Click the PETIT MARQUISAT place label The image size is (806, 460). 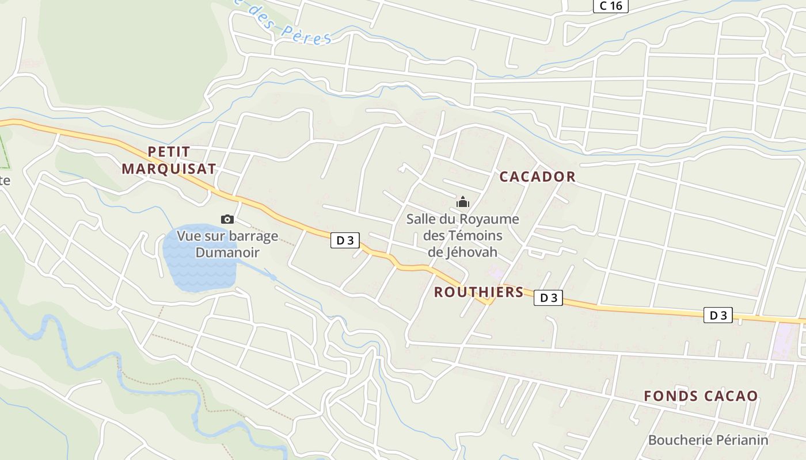click(x=169, y=160)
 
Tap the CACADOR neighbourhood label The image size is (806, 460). click(x=537, y=177)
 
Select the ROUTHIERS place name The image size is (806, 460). click(x=478, y=292)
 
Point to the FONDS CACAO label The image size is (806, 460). click(x=701, y=396)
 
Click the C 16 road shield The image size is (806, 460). click(x=610, y=6)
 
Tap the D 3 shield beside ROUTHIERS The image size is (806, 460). click(x=548, y=298)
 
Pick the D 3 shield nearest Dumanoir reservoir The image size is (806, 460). click(x=345, y=240)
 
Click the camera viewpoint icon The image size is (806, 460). click(x=227, y=219)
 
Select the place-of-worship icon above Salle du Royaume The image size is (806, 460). click(x=462, y=202)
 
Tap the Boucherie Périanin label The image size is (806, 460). click(x=708, y=440)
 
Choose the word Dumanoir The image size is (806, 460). click(x=227, y=252)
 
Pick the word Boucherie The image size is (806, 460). click(x=676, y=440)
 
